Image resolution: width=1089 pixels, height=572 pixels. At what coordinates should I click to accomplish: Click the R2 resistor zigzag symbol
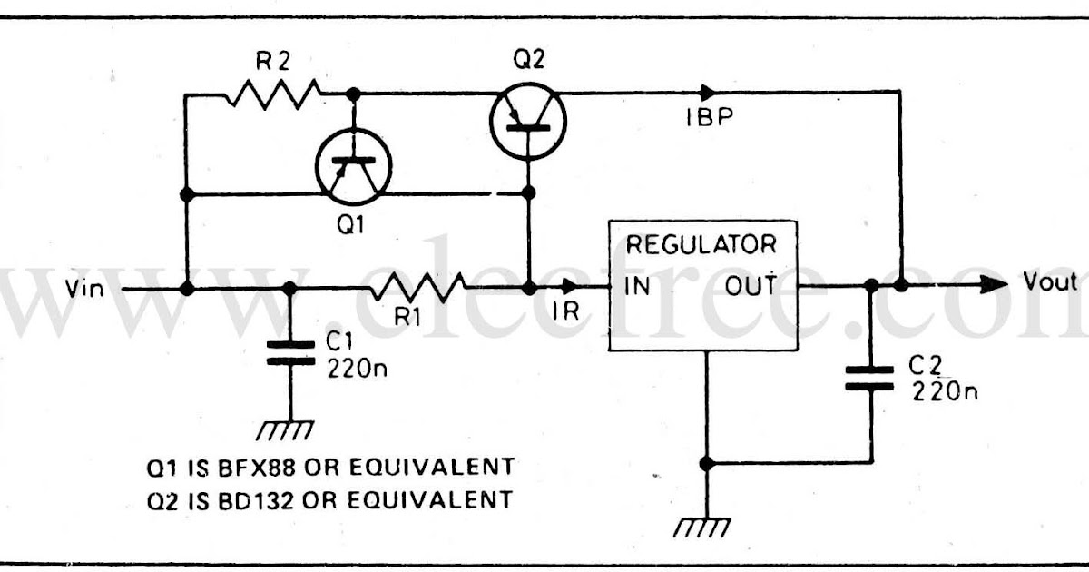[x=272, y=93]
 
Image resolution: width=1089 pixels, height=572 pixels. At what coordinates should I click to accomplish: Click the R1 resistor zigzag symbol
[x=417, y=289]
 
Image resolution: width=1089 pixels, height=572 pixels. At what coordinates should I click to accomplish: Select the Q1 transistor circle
[x=353, y=166]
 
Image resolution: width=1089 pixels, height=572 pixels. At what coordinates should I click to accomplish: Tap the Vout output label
[x=1050, y=281]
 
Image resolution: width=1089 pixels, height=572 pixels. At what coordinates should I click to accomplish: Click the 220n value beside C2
[x=945, y=391]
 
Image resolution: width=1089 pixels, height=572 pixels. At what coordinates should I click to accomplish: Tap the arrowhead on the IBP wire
[x=707, y=92]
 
